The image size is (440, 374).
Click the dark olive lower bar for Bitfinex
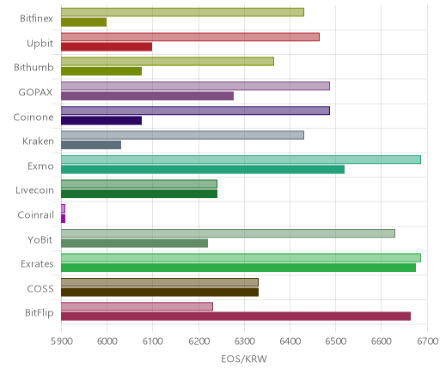[84, 22]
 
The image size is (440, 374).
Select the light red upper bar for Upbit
[190, 37]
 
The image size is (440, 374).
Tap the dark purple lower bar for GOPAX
[147, 96]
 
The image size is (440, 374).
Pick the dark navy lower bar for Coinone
[101, 121]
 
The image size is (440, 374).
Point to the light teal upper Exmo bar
[241, 160]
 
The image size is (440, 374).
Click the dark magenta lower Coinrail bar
[64, 219]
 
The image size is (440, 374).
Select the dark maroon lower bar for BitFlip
[235, 317]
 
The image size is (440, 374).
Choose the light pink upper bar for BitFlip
[137, 306]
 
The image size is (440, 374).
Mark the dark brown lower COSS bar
[160, 293]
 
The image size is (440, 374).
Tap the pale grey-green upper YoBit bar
[228, 233]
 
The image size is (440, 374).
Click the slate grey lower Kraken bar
[91, 145]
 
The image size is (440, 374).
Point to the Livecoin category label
[34, 190]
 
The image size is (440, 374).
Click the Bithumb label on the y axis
[34, 68]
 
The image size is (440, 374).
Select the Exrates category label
[37, 263]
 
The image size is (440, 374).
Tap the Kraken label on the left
[38, 141]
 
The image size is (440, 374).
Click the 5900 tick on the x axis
[61, 341]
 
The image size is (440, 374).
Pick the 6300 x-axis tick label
[245, 341]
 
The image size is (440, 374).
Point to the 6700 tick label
[428, 341]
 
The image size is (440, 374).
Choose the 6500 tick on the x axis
[336, 341]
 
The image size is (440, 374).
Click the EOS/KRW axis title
[244, 359]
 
